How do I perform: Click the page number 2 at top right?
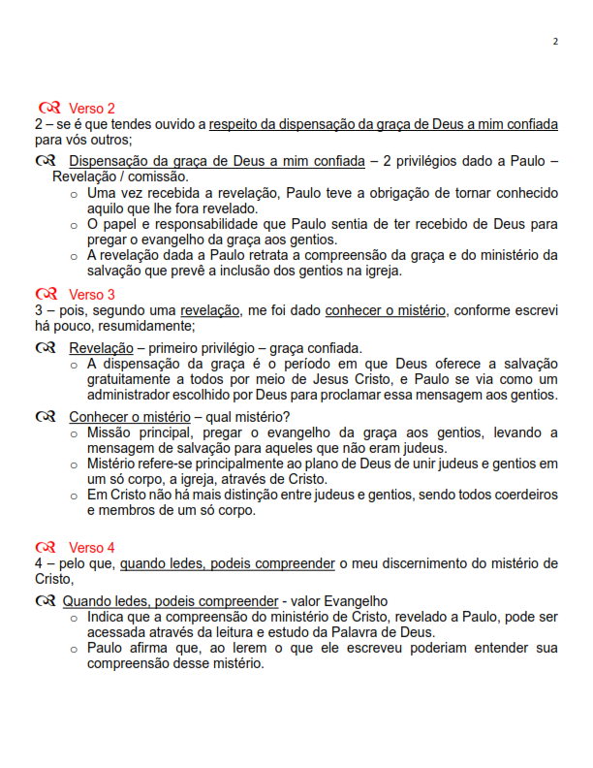pyautogui.click(x=555, y=42)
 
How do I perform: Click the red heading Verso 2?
pyautogui.click(x=91, y=108)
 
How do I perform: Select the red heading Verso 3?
pyautogui.click(x=91, y=294)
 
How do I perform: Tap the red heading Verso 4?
pyautogui.click(x=91, y=547)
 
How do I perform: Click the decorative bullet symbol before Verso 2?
pyautogui.click(x=49, y=108)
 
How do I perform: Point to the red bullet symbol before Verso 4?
pyautogui.click(x=49, y=547)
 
